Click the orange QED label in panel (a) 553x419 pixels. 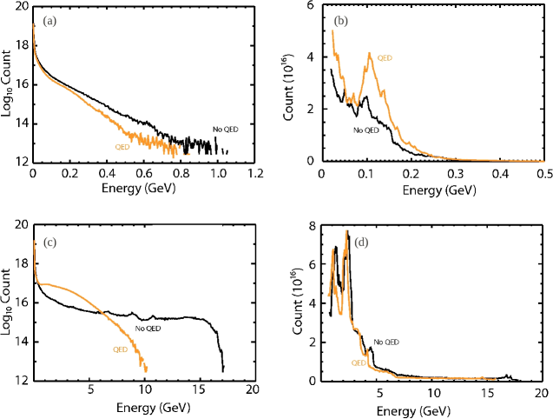point(122,147)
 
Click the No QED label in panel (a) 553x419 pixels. point(225,130)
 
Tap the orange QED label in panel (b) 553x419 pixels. point(385,57)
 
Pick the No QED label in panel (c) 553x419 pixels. point(148,328)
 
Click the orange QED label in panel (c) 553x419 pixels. point(121,350)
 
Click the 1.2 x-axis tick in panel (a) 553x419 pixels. point(254,174)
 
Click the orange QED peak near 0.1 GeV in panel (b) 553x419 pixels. point(370,54)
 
